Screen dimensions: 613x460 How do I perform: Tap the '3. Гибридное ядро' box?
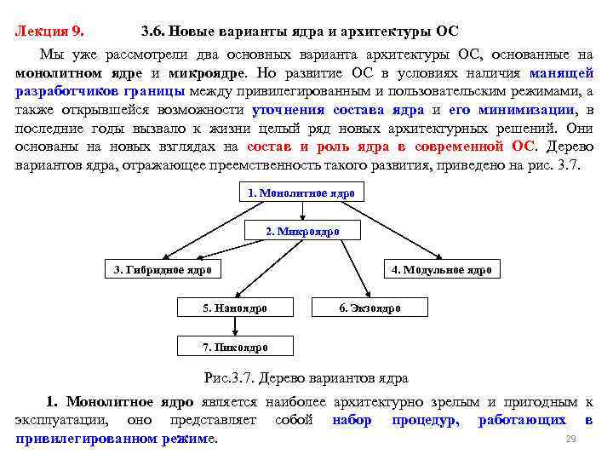(x=163, y=270)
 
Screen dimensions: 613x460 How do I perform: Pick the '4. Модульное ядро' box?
(x=441, y=270)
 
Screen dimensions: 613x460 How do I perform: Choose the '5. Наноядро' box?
(x=235, y=308)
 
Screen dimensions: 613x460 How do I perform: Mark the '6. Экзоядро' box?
(x=370, y=308)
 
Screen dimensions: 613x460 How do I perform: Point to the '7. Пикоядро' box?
(x=235, y=347)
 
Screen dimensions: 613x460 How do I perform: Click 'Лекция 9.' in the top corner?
(x=49, y=32)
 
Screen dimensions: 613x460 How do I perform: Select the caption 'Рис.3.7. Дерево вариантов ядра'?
(x=306, y=377)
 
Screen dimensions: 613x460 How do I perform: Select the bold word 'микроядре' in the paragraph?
(x=205, y=72)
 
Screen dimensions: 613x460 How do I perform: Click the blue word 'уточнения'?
(x=288, y=110)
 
